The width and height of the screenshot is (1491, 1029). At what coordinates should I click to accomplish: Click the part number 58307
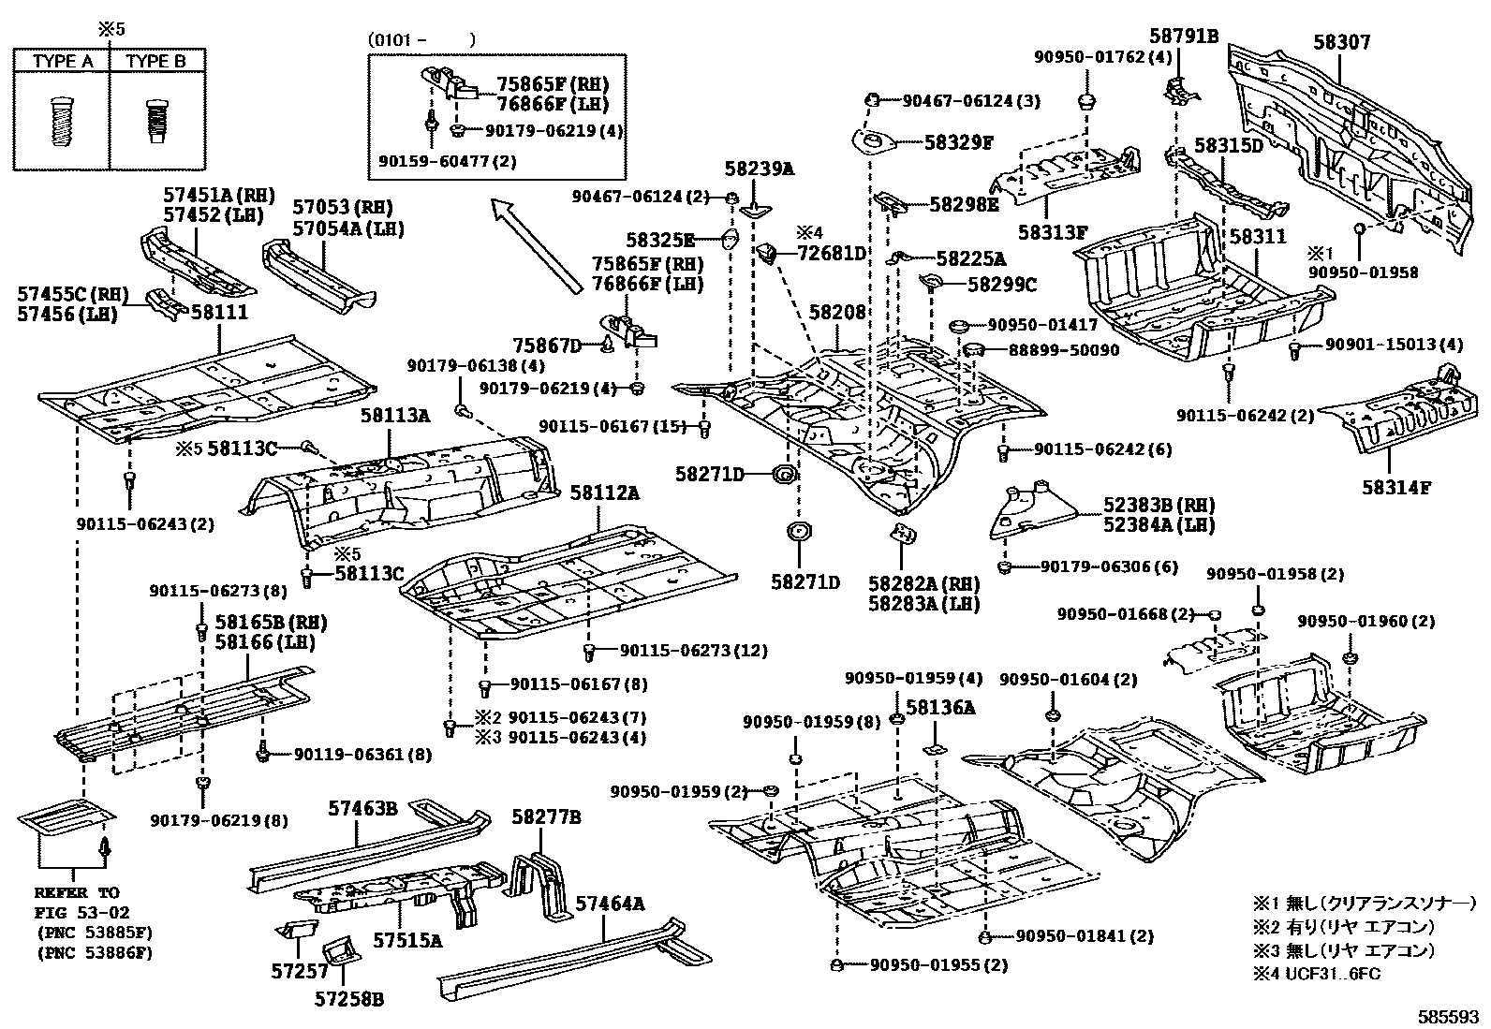click(1341, 42)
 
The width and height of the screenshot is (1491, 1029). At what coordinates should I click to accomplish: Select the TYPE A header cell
click(63, 62)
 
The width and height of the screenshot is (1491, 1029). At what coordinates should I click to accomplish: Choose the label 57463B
click(362, 807)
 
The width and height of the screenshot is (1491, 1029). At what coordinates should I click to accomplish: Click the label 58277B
click(546, 817)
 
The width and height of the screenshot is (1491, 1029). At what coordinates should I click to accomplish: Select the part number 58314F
click(1396, 487)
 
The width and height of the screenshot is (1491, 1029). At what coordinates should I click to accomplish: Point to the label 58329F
click(958, 142)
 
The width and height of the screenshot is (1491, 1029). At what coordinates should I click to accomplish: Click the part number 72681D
click(833, 252)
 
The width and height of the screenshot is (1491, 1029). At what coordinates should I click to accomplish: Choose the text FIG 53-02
click(82, 912)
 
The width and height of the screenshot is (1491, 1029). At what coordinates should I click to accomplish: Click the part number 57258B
click(349, 999)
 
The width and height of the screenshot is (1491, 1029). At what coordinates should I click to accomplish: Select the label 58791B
click(1184, 37)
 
